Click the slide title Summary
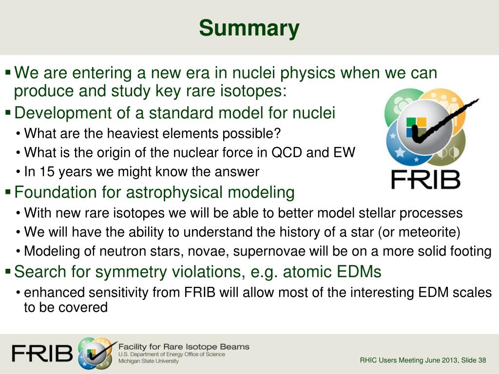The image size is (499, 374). (x=249, y=28)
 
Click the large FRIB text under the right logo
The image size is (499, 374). (x=426, y=179)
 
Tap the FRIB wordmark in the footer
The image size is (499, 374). (x=42, y=354)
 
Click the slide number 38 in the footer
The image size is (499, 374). (x=482, y=360)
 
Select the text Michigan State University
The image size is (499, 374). (x=149, y=361)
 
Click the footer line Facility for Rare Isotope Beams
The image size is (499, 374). (x=184, y=347)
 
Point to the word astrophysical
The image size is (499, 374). (x=174, y=192)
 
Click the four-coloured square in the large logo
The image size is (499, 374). (x=417, y=127)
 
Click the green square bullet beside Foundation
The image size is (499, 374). (x=8, y=192)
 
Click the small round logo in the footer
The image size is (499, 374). (x=95, y=354)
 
